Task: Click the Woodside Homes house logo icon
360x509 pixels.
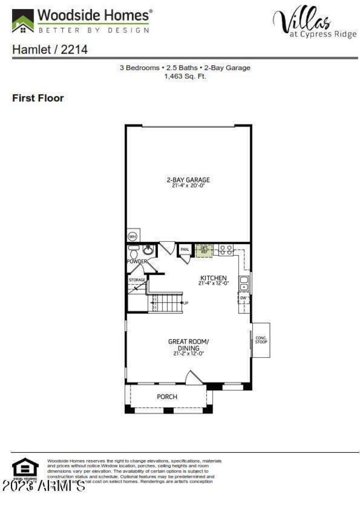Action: pos(22,21)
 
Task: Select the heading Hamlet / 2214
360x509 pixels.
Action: pos(49,49)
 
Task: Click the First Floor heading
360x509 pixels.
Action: pos(38,98)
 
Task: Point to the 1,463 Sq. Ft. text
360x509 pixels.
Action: pos(185,76)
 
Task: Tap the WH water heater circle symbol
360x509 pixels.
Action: pos(133,236)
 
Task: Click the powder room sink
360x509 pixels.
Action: pos(148,250)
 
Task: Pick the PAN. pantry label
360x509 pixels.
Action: pos(184,249)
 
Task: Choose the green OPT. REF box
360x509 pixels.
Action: pos(204,250)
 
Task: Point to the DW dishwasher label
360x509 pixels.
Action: pos(243,298)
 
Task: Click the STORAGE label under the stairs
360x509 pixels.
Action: pos(137,280)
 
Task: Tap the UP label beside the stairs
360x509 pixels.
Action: pos(185,303)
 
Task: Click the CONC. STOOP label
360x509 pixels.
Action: pos(261,340)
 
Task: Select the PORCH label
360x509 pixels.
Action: pos(167,397)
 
